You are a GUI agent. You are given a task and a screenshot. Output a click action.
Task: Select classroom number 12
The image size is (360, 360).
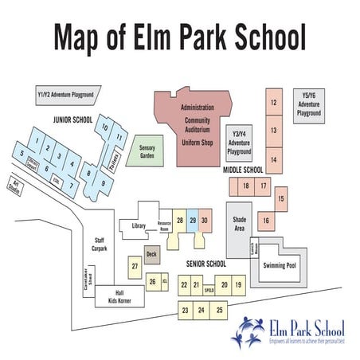point(273,103)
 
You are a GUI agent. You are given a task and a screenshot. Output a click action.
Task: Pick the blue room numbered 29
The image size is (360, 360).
point(193,221)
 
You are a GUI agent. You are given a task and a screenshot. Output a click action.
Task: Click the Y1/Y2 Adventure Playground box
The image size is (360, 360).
point(65,96)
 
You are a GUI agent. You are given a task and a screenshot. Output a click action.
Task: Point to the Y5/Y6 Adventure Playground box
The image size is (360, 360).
point(309,104)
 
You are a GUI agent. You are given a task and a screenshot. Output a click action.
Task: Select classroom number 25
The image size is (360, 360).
point(220,310)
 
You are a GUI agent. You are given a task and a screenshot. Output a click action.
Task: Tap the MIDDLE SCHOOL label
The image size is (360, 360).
point(242,170)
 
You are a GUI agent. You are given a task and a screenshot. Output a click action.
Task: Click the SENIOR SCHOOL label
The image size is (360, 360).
point(206,264)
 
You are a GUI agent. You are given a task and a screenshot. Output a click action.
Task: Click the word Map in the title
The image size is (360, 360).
point(85,37)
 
